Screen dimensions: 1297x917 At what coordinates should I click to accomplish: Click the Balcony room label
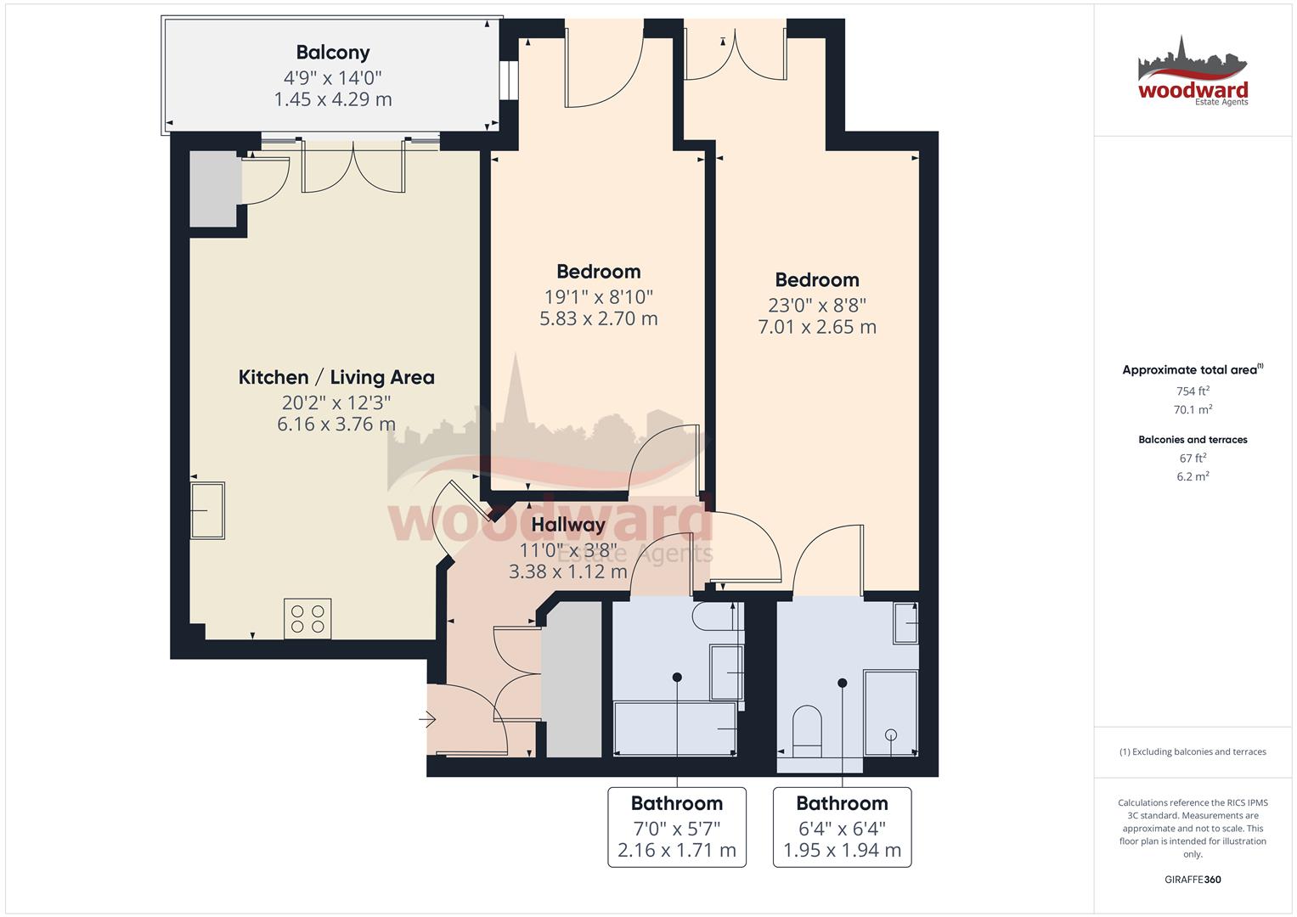coord(333,53)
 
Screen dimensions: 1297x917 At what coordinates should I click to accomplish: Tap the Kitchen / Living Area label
coord(336,378)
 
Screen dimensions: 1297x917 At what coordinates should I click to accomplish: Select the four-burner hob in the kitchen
coord(307,619)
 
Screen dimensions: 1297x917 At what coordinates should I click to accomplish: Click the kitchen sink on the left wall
coord(207,510)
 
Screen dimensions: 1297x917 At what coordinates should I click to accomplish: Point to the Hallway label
coord(568,525)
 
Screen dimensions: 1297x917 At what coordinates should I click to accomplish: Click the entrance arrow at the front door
coord(427,720)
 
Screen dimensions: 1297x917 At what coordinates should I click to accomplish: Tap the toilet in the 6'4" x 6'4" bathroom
coord(807,731)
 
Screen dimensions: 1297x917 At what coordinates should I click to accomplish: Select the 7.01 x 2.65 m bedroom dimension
coord(817,327)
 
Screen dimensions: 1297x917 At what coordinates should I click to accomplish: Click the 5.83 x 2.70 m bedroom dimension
coord(599,319)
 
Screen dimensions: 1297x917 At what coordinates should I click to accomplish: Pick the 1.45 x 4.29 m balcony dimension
coord(333,99)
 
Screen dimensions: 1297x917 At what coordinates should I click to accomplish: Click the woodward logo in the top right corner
coord(1193,71)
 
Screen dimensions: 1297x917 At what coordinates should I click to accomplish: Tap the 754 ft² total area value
coord(1193,391)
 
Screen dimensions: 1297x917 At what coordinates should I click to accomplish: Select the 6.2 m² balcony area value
coord(1193,476)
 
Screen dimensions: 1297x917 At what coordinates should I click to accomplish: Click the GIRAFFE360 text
coord(1193,880)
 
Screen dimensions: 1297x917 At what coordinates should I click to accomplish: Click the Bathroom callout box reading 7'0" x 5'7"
coord(677,827)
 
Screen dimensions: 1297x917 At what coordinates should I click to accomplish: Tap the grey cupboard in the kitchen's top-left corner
coord(214,189)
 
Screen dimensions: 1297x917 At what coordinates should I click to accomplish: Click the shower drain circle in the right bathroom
coord(891,735)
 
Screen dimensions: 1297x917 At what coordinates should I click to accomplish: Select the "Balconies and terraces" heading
coord(1193,440)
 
